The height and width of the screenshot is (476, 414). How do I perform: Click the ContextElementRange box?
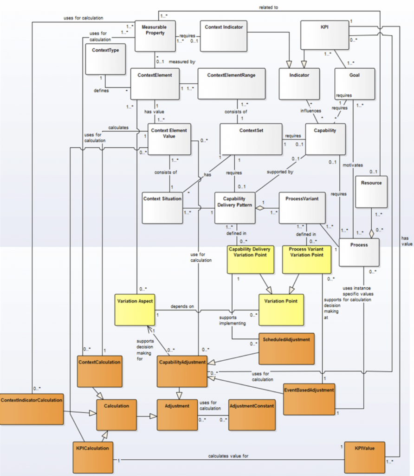[231, 84]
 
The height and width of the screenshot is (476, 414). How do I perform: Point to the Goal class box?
[354, 84]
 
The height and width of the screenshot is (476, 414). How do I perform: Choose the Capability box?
[325, 139]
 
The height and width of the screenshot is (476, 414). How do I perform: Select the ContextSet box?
[251, 139]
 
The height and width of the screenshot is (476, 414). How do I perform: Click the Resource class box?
[371, 191]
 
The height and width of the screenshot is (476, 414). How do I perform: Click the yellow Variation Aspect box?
[135, 309]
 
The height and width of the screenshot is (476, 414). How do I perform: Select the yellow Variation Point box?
[281, 310]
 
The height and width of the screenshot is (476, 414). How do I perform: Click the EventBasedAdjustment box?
[309, 398]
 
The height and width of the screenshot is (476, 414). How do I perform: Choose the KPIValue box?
[364, 457]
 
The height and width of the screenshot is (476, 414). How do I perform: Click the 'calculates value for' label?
[229, 456]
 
